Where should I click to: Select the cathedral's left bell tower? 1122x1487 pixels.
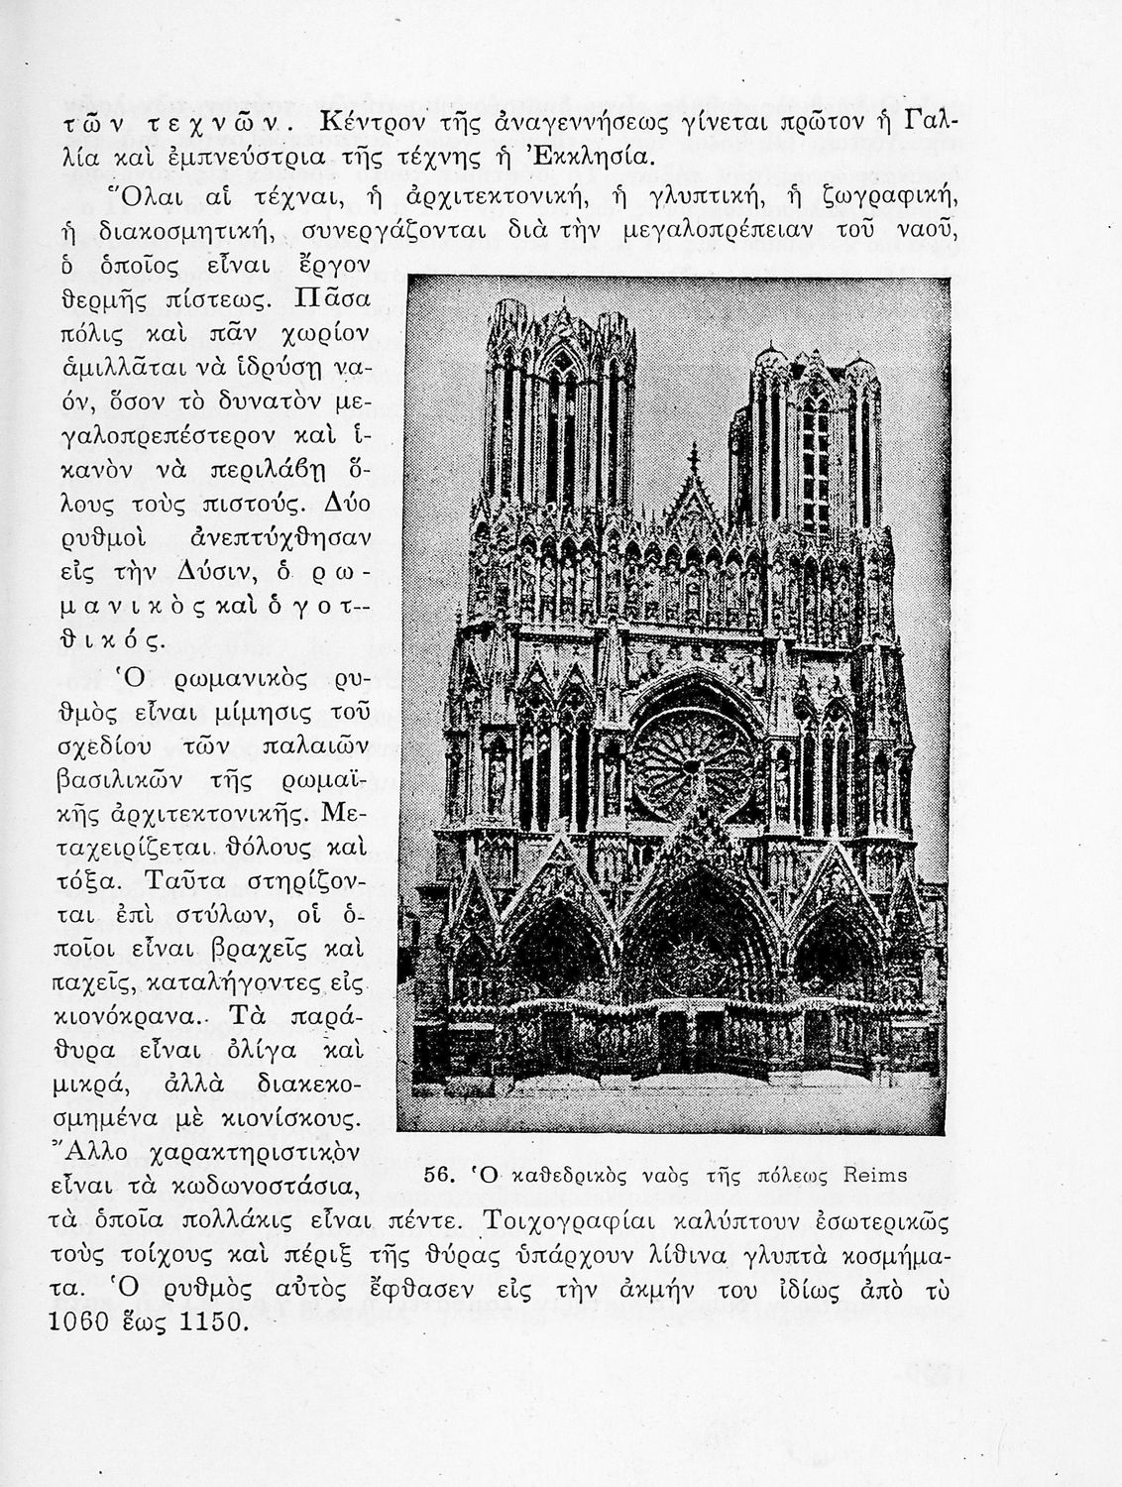point(559,416)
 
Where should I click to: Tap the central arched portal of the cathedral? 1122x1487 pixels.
point(692,952)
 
